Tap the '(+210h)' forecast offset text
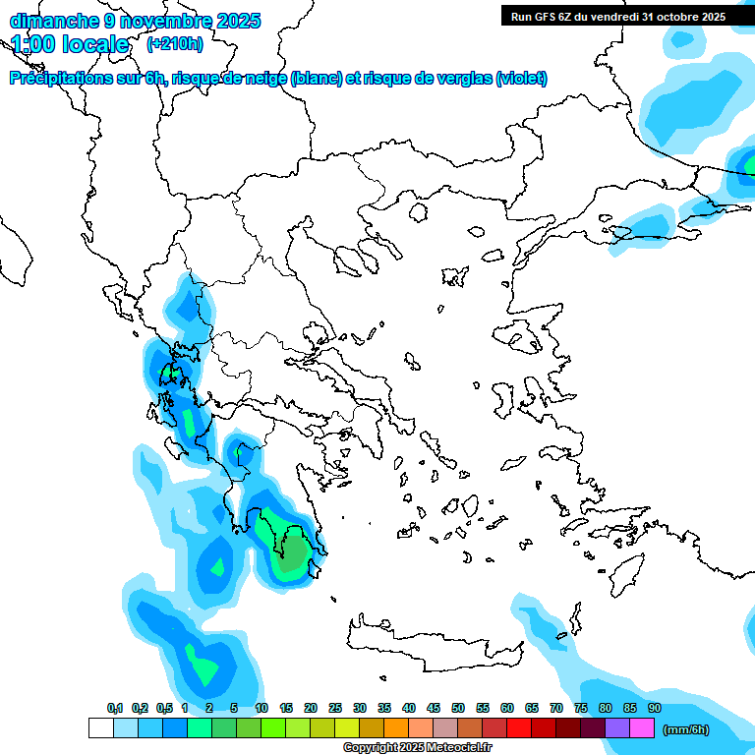pos(175,43)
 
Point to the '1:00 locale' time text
pos(71,44)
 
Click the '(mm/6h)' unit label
pos(686,729)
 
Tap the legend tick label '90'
pos(654,708)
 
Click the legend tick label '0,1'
pos(115,708)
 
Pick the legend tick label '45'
pos(434,708)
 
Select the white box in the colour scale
pos(100,728)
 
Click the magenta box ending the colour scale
pos(642,728)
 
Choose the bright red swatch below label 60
pos(519,728)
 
